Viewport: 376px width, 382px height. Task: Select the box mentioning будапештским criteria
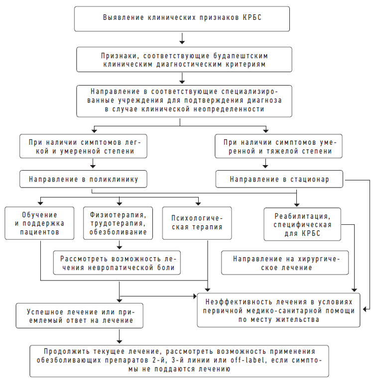point(182,59)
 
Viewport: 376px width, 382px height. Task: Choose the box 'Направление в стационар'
point(279,179)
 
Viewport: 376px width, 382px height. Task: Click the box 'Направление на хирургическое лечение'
point(285,263)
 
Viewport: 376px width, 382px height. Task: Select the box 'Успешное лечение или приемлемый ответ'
point(79,315)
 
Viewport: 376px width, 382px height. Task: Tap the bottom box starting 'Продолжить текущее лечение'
point(179,361)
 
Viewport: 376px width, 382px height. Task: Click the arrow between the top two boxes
point(182,38)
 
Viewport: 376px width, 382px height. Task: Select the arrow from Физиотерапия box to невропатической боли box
point(119,244)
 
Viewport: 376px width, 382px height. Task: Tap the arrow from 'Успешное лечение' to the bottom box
point(119,337)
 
